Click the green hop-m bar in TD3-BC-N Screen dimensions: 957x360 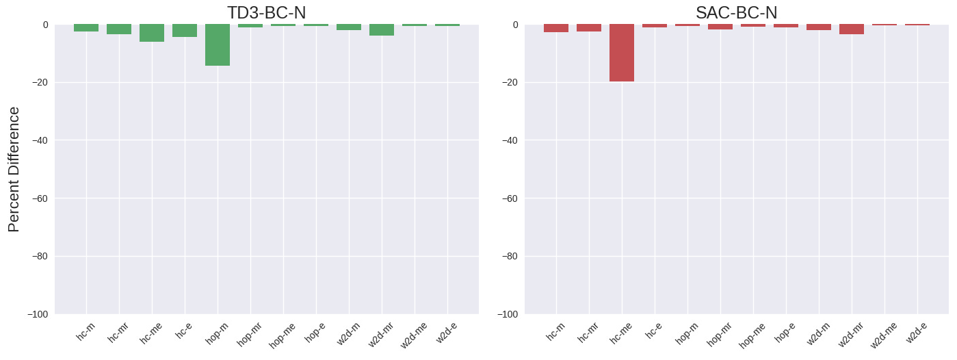[x=218, y=45]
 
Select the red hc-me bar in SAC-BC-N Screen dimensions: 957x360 [x=622, y=53]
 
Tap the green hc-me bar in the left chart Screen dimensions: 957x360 [x=152, y=33]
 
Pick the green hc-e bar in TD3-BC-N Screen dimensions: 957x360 [x=185, y=31]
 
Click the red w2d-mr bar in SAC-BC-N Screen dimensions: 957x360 [x=852, y=29]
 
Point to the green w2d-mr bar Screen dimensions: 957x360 [x=382, y=30]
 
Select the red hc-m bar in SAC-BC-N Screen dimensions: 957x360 [x=556, y=28]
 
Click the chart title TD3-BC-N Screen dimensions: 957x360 [x=267, y=12]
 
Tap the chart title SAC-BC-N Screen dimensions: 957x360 [x=737, y=12]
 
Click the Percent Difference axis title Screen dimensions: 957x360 [x=14, y=169]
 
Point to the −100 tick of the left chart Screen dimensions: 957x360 [x=38, y=314]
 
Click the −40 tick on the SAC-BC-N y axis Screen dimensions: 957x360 [x=510, y=140]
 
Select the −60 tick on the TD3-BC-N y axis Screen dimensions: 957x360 [x=40, y=198]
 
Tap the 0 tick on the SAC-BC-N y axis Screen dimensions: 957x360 [x=515, y=25]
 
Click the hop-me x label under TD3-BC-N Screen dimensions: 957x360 [x=282, y=335]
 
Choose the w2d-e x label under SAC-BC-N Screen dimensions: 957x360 [x=917, y=333]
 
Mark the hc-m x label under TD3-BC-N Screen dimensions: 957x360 [x=86, y=332]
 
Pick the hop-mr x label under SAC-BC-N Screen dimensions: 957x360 [x=720, y=335]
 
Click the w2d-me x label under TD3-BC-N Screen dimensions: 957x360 [x=414, y=335]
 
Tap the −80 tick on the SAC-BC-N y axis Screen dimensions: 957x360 [x=510, y=256]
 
